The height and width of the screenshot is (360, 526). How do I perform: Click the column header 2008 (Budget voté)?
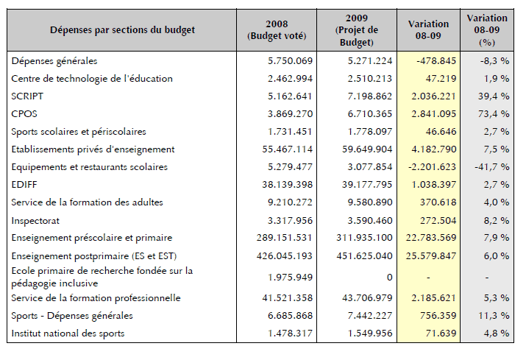click(x=277, y=30)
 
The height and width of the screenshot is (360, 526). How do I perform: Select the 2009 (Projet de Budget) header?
click(x=357, y=30)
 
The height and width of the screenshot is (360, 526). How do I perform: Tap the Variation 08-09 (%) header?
click(x=487, y=30)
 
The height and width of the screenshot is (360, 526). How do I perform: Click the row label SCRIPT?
click(x=27, y=96)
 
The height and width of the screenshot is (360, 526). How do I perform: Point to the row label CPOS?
click(x=24, y=114)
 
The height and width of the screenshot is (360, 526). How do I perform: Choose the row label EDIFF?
click(x=24, y=185)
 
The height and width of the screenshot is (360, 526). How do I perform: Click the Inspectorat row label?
click(x=35, y=221)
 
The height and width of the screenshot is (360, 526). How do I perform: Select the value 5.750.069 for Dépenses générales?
click(x=290, y=61)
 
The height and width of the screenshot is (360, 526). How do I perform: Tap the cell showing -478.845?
click(x=436, y=61)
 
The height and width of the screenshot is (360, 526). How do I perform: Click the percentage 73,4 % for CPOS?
click(x=494, y=114)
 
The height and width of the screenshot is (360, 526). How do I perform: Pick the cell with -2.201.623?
click(x=432, y=167)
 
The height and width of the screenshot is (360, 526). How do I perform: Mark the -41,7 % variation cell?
click(x=491, y=167)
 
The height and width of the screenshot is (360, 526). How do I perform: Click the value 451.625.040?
click(x=364, y=256)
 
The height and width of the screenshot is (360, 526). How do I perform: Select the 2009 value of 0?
click(x=389, y=278)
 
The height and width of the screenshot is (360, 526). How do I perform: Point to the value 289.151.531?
click(x=285, y=238)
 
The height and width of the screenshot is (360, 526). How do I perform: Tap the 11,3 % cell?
click(x=494, y=316)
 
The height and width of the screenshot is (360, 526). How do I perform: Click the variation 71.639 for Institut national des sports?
click(x=441, y=333)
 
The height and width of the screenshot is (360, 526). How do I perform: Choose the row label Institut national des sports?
click(x=68, y=333)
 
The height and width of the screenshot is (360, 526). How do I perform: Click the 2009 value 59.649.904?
click(x=367, y=149)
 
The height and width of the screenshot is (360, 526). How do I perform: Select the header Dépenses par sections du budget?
click(x=122, y=30)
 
